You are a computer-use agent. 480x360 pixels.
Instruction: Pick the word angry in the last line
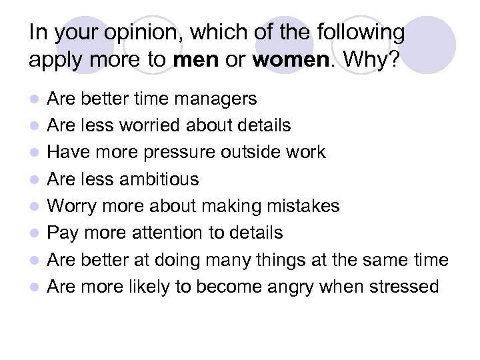(x=291, y=287)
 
